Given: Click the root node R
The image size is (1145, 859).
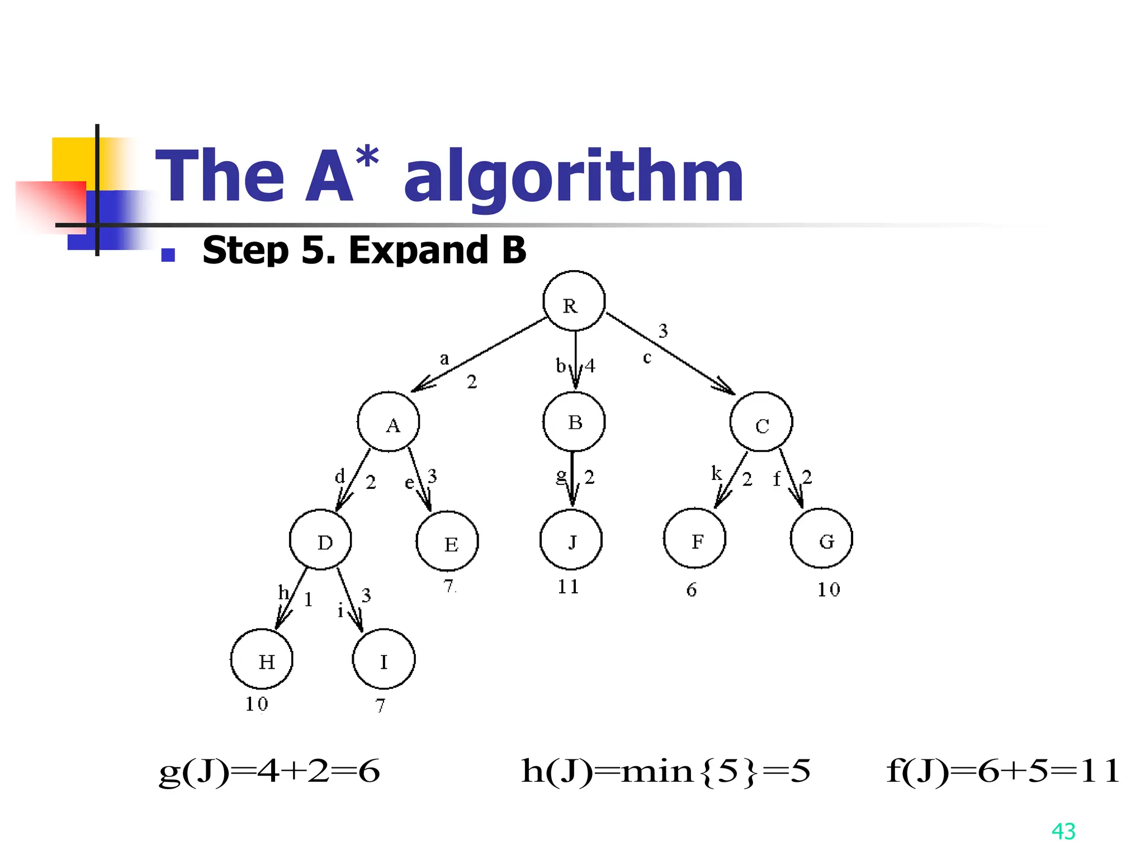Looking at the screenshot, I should [574, 301].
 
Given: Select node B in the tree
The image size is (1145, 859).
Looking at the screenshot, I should [574, 422].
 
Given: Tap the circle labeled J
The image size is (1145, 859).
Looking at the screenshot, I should [571, 540].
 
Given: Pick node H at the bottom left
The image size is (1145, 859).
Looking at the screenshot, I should [262, 659].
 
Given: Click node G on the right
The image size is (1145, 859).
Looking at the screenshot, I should [821, 539].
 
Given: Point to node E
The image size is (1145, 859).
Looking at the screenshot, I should [447, 541].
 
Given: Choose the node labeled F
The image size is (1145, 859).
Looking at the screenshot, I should [694, 539].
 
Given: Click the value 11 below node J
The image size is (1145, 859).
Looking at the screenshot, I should [568, 587].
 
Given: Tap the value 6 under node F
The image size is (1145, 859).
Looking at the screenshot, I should [692, 590].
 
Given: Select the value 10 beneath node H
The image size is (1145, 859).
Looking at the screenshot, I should [257, 704].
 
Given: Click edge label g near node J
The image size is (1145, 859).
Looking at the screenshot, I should [561, 476].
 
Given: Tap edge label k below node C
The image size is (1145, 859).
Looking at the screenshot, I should [716, 473].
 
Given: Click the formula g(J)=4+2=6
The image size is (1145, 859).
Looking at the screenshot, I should [269, 772].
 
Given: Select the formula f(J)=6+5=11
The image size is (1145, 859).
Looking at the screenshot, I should [1003, 771].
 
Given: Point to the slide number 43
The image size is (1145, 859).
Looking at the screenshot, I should [1063, 832].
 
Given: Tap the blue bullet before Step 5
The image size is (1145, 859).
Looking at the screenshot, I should [168, 255].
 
